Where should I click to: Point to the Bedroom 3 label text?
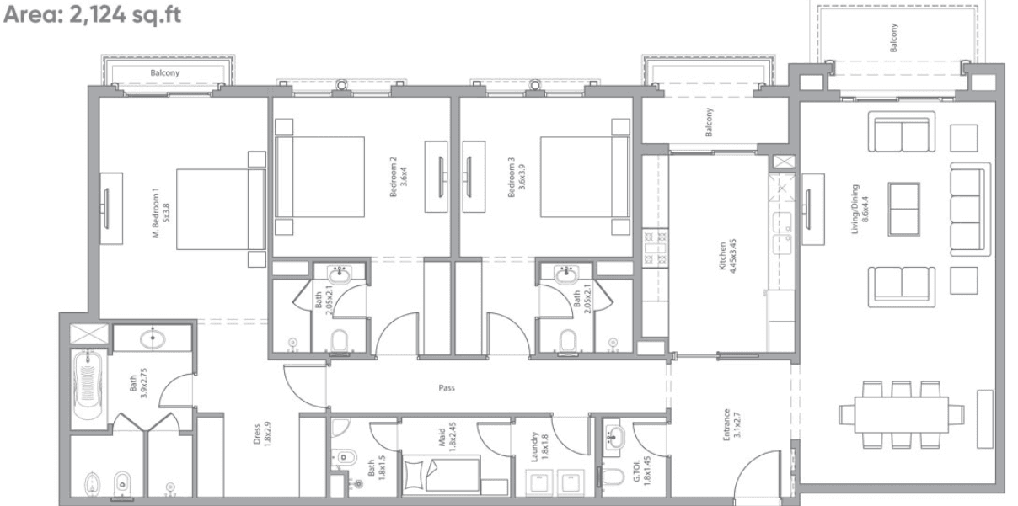[516, 178]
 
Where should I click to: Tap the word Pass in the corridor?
[447, 389]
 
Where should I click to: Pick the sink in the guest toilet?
[613, 436]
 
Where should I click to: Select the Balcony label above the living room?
[894, 38]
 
